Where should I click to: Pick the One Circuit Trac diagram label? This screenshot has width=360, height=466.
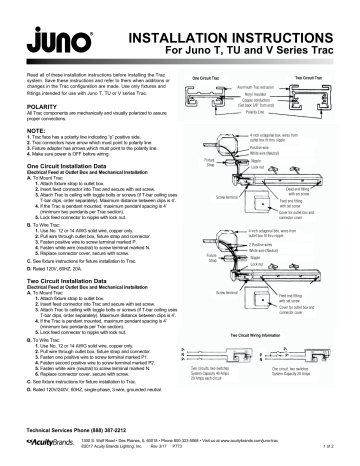pyautogui.click(x=207, y=75)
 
